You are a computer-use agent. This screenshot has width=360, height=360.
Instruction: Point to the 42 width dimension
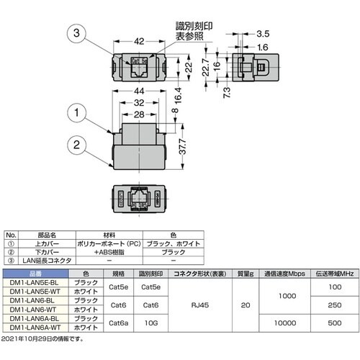tap(141, 42)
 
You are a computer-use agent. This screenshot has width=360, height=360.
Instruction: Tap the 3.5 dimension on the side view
tap(262, 33)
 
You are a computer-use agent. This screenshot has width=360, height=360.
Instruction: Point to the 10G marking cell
tap(151, 323)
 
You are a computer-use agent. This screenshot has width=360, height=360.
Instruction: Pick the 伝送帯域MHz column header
tap(332, 273)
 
